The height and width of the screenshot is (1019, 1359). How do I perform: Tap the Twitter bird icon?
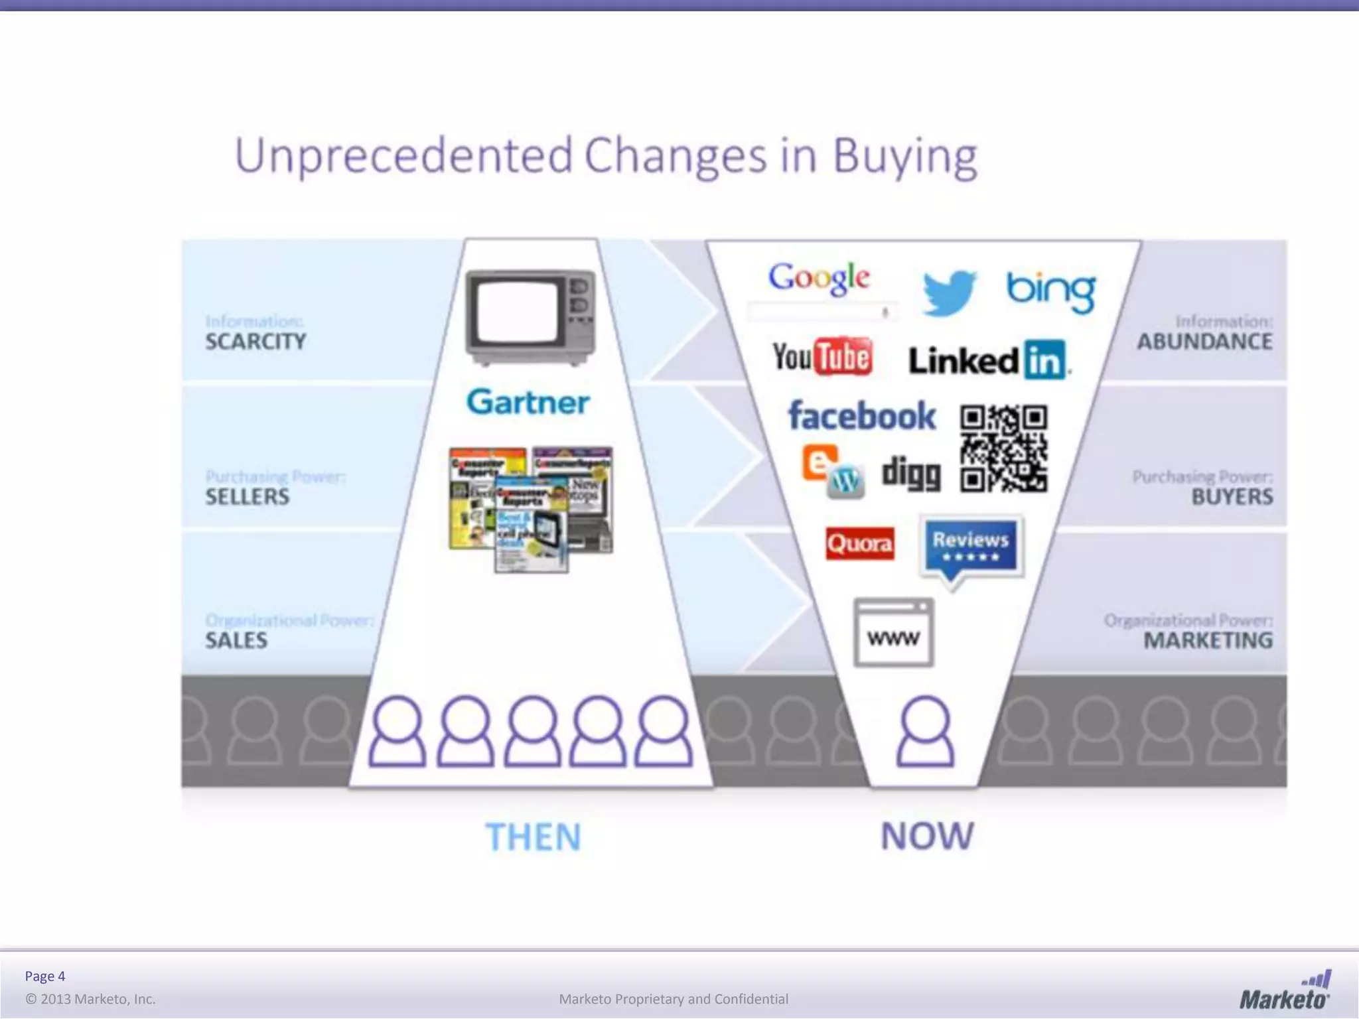tap(949, 292)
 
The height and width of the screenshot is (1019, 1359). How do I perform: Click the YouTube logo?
tap(822, 357)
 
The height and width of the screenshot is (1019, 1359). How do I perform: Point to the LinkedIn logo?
tap(988, 360)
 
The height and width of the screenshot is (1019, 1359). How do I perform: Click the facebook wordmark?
tap(861, 416)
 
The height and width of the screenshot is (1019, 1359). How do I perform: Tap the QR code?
tap(1003, 448)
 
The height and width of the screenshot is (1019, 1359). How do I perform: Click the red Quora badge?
tap(859, 544)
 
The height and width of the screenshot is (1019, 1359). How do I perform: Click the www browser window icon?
tap(893, 633)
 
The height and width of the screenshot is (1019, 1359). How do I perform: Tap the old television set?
tap(530, 317)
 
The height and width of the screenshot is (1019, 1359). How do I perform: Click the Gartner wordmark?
tap(528, 402)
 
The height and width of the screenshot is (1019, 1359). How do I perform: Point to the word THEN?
tap(533, 837)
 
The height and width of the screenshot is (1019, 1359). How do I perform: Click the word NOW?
tap(927, 836)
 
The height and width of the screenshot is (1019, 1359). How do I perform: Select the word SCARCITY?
tap(255, 342)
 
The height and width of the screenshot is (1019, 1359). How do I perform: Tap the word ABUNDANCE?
tap(1204, 342)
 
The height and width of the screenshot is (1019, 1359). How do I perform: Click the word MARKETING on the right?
tap(1208, 640)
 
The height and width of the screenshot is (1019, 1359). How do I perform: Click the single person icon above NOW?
tap(925, 731)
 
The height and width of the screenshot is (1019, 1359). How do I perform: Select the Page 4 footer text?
tap(45, 976)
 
